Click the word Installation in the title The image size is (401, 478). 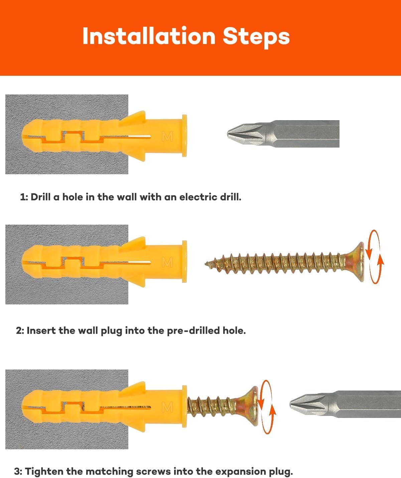149,36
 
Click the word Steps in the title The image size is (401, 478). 256,37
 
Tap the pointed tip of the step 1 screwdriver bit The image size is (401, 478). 228,134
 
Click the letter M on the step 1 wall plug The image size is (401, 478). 167,137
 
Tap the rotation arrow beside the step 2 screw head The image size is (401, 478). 374,257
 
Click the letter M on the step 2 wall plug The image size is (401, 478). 167,262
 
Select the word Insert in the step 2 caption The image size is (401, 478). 41,330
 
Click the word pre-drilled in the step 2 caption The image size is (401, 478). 193,331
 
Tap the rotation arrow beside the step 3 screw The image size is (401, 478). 267,407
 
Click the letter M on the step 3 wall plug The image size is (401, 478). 167,407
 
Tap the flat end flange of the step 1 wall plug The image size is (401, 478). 184,136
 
